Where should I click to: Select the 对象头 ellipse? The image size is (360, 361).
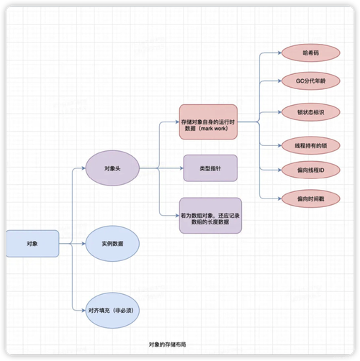tap(112, 170)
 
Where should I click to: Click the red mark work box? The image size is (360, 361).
tap(209, 122)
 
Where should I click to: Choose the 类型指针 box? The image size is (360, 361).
tap(210, 170)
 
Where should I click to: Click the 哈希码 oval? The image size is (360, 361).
tap(310, 53)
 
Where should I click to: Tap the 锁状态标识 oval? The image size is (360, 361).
tap(310, 113)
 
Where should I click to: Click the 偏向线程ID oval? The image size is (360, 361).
tap(310, 170)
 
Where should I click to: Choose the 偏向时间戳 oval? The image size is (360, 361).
tap(310, 197)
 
